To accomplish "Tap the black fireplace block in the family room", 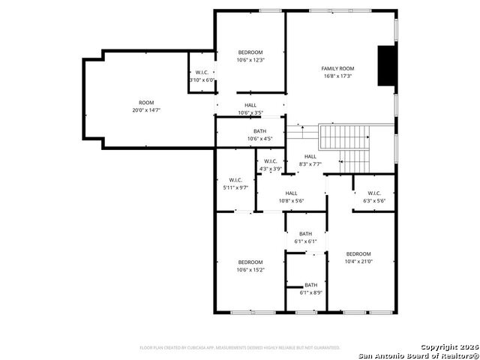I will (385, 66).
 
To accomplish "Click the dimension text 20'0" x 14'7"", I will (146, 110).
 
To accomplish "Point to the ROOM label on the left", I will (146, 103).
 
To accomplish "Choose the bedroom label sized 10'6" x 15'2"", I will (250, 262).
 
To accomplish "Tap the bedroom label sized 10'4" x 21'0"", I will (358, 254).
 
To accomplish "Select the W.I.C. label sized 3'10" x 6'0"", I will (201, 72).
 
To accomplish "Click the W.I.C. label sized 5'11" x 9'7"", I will (235, 180).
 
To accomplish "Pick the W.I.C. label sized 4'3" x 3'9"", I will (270, 161).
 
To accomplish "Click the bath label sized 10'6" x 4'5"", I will (259, 131).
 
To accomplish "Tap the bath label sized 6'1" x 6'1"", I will (305, 234).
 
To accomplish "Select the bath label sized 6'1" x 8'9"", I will (310, 285).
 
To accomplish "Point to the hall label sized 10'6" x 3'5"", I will (250, 106).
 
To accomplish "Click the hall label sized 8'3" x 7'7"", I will (310, 157).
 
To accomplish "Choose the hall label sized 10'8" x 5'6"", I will (291, 193).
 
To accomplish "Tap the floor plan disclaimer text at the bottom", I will (240, 347).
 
